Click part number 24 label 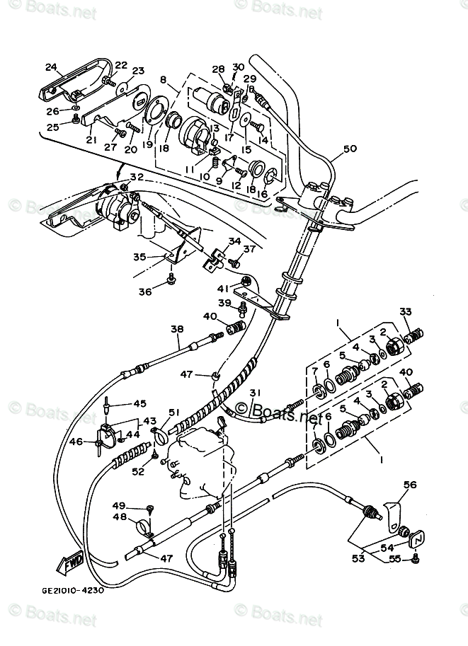(x=50, y=67)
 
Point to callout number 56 (x=410, y=485)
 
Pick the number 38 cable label (x=176, y=328)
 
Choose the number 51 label (x=174, y=413)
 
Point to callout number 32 (x=137, y=177)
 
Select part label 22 (x=121, y=66)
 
